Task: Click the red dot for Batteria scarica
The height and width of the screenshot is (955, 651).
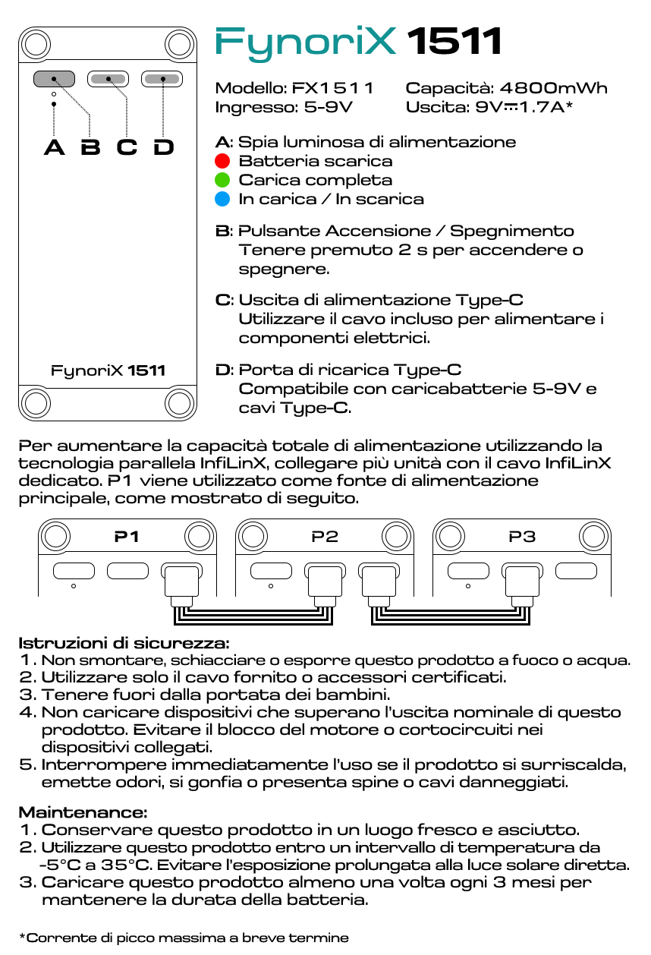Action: tap(222, 161)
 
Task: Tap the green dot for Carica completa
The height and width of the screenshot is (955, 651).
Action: tap(222, 180)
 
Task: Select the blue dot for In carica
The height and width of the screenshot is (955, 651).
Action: tap(222, 199)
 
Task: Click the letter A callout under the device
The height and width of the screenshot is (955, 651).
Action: tap(54, 147)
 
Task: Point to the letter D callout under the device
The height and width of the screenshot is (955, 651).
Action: tap(163, 147)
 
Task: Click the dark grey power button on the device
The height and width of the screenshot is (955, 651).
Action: tap(54, 78)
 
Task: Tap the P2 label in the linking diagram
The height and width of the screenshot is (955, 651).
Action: tap(325, 537)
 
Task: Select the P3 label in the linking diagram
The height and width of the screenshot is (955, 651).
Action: tap(522, 537)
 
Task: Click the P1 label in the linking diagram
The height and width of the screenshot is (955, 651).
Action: tap(127, 537)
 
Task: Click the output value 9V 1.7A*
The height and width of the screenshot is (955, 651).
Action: tap(524, 107)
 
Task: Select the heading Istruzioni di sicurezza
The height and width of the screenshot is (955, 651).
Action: tap(124, 642)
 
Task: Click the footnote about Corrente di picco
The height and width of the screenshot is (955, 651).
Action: tap(183, 938)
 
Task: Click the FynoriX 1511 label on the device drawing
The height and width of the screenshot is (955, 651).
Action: tap(108, 370)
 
